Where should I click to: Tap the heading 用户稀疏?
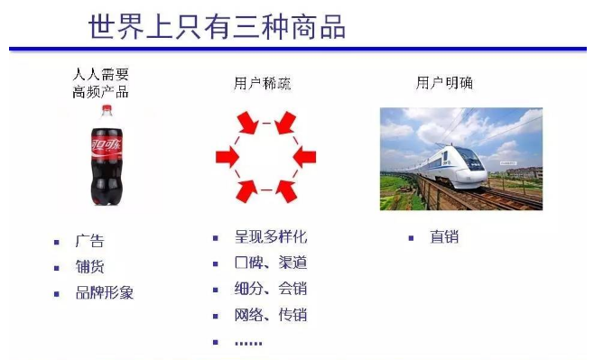coord(263,84)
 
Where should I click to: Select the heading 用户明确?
coord(444,83)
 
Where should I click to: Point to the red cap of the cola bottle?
coord(107,110)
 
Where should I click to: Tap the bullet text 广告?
coord(89,241)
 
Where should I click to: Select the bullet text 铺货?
coord(89,267)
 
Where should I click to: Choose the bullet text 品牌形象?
coord(105,292)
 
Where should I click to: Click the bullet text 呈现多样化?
coord(271,237)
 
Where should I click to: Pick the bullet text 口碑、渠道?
coord(271,263)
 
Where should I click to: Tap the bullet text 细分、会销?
coord(271,290)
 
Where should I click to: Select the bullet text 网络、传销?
coord(271,315)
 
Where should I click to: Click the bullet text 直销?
coord(444,237)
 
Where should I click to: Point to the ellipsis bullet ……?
coord(248,342)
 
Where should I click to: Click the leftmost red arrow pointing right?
coord(227,157)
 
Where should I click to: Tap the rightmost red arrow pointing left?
coord(305,157)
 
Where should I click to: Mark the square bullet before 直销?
coord(411,238)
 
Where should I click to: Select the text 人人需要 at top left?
coord(101,73)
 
